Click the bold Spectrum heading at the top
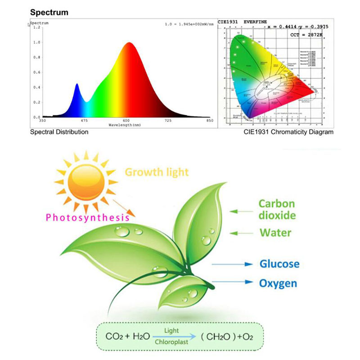49,12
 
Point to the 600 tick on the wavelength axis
126,121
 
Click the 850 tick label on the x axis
209,121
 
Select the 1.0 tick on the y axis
37,42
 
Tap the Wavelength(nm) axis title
126,125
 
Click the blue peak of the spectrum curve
77,85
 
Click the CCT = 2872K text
310,34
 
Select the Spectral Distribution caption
59,132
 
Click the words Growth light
157,172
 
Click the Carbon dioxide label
277,209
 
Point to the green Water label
275,233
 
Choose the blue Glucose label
279,264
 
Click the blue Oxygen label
278,283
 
